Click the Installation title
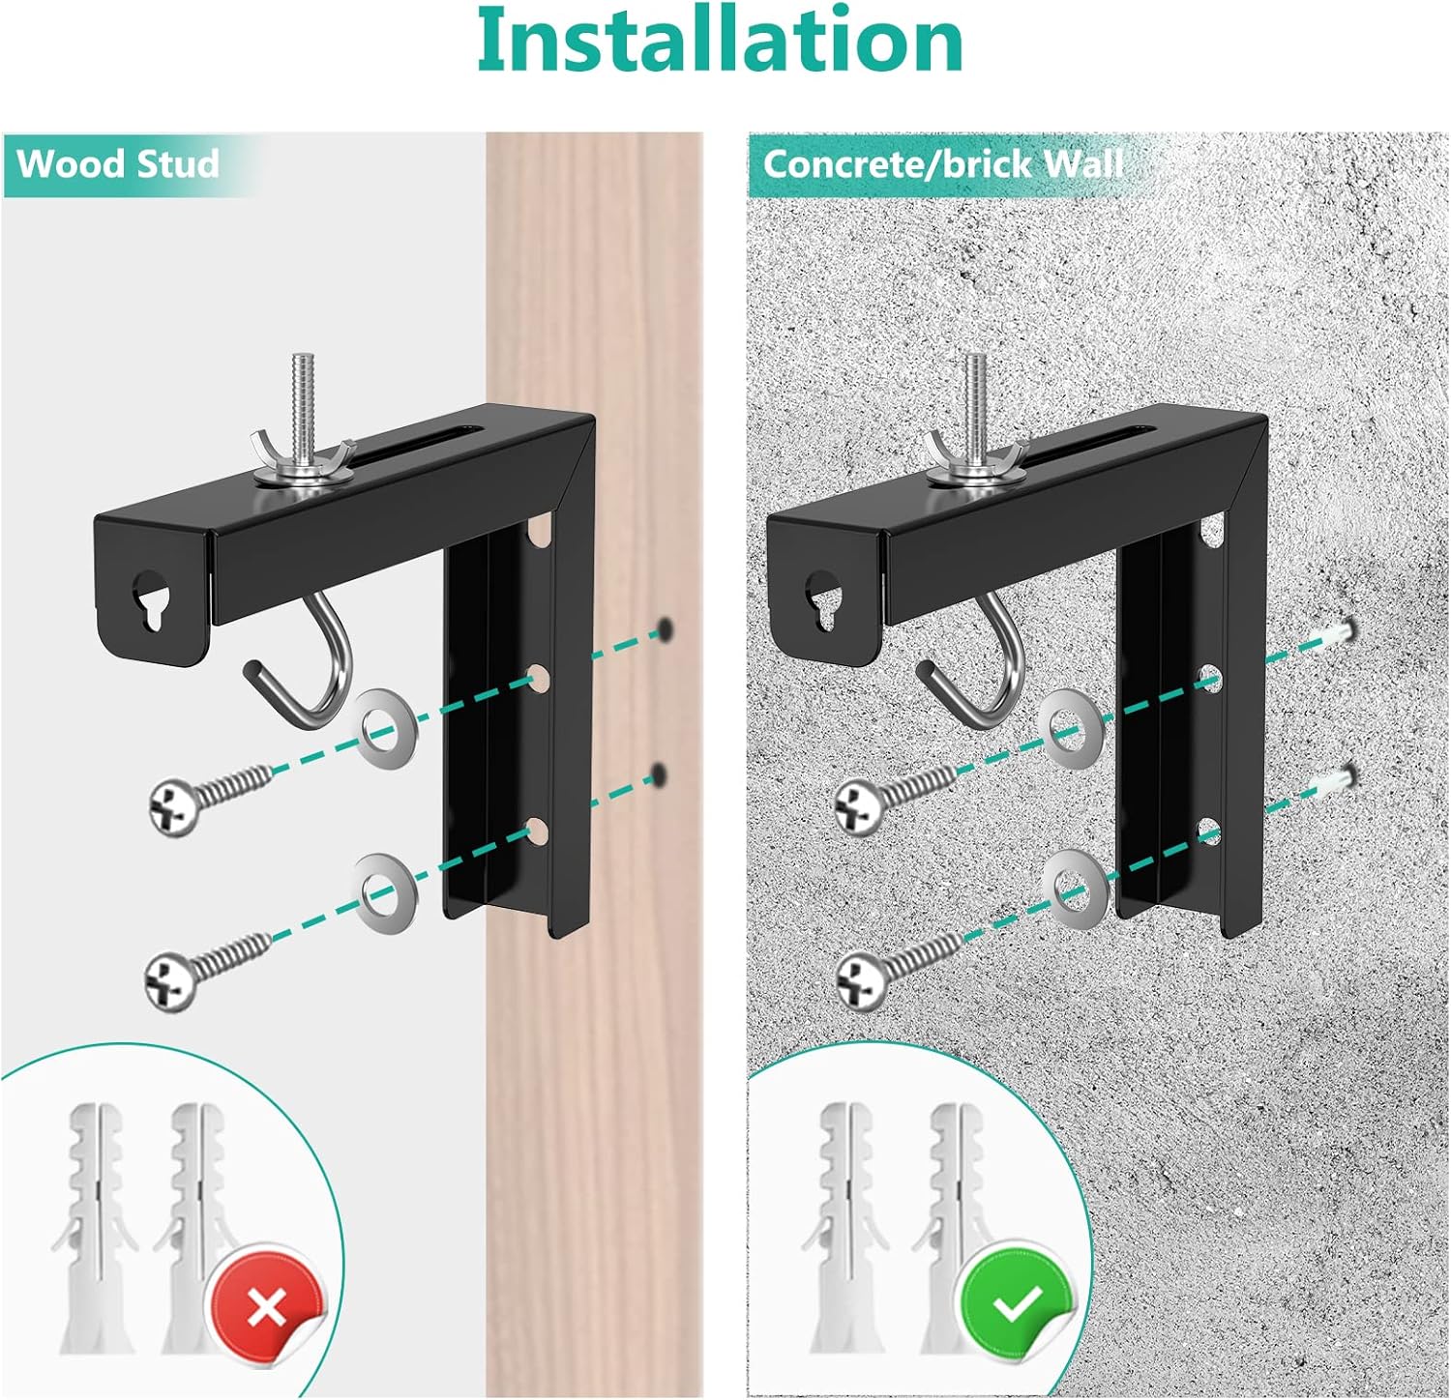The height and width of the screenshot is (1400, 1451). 721,41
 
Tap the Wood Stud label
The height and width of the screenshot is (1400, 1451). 118,163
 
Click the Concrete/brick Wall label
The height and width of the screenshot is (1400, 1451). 943,163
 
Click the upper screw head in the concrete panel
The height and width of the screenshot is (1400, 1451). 860,805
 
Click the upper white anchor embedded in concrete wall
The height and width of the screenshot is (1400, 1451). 1334,633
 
